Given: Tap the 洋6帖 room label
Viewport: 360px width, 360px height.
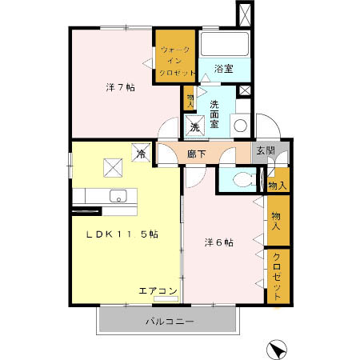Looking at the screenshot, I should [x=218, y=242].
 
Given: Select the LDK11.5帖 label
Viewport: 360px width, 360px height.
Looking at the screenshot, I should [x=122, y=234].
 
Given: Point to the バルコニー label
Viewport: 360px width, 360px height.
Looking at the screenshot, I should [x=169, y=322].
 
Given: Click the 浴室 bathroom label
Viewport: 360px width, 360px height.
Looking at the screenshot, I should [x=224, y=69].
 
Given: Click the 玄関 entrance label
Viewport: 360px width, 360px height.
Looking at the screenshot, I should [x=265, y=151].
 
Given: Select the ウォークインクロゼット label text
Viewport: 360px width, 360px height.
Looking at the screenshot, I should [x=175, y=62].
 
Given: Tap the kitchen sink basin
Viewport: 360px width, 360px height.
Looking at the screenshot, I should [x=118, y=195].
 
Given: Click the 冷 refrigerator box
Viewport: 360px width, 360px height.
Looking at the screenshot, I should [x=141, y=153].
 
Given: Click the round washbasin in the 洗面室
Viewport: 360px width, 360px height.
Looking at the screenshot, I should [x=239, y=125].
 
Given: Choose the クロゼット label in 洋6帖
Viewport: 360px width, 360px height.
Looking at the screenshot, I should [x=276, y=276].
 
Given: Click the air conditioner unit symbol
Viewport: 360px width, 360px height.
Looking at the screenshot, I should [x=166, y=299].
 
